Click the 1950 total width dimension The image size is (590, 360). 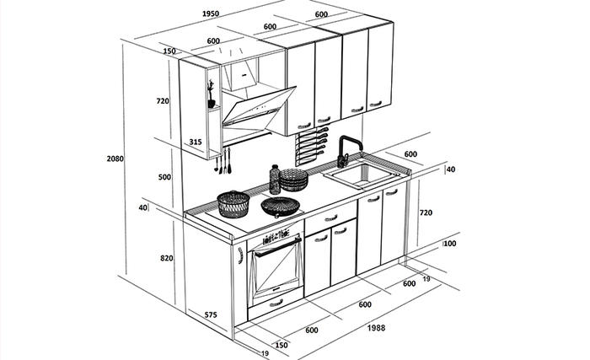(x=211, y=14)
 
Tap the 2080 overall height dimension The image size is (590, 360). (x=115, y=159)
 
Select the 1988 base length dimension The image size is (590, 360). (x=376, y=328)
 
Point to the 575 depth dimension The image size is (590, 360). (x=211, y=314)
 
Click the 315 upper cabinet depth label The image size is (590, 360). (x=196, y=142)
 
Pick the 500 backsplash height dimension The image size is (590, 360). (x=164, y=177)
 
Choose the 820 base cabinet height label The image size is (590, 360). (x=167, y=258)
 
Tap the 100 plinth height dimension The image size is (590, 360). (x=449, y=244)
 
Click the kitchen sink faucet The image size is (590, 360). (x=348, y=151)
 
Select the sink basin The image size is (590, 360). (x=362, y=175)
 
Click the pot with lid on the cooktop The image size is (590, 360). (x=233, y=204)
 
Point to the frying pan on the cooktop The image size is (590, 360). (x=281, y=207)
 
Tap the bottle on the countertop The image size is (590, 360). (x=275, y=180)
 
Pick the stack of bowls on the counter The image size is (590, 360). (x=293, y=180)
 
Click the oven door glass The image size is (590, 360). (x=277, y=268)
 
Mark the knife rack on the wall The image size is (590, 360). (x=310, y=147)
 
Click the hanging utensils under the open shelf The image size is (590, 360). (x=223, y=161)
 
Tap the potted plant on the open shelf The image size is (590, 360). (x=211, y=94)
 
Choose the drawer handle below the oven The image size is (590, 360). (x=276, y=303)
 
